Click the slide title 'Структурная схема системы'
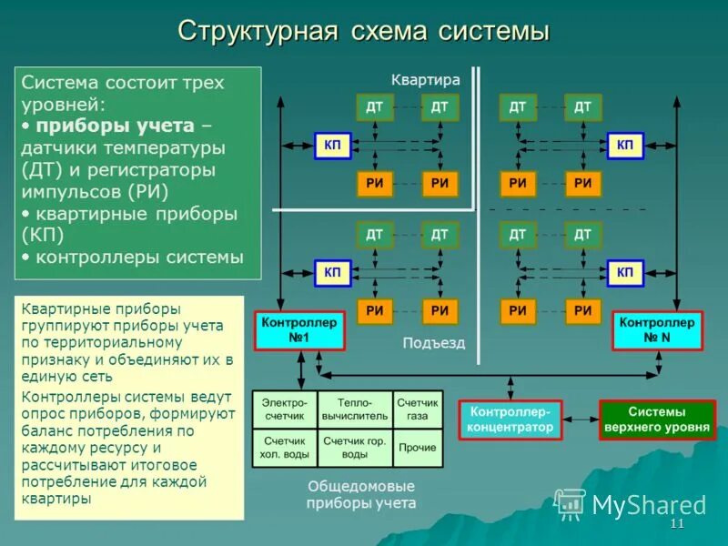(363, 30)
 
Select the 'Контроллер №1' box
(299, 330)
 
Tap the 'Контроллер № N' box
(657, 330)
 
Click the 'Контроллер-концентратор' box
(511, 420)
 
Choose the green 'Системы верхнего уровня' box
(657, 420)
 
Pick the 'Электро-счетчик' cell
(284, 409)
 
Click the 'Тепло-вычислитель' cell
(355, 409)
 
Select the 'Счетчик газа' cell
(418, 409)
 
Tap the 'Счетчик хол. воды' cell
(284, 447)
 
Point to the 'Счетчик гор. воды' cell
(355, 447)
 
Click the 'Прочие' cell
(418, 448)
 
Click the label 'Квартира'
(426, 80)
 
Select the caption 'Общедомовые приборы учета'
(361, 494)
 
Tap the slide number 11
(676, 526)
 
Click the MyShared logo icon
(571, 503)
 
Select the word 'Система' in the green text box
(59, 83)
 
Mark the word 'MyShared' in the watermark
(649, 505)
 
